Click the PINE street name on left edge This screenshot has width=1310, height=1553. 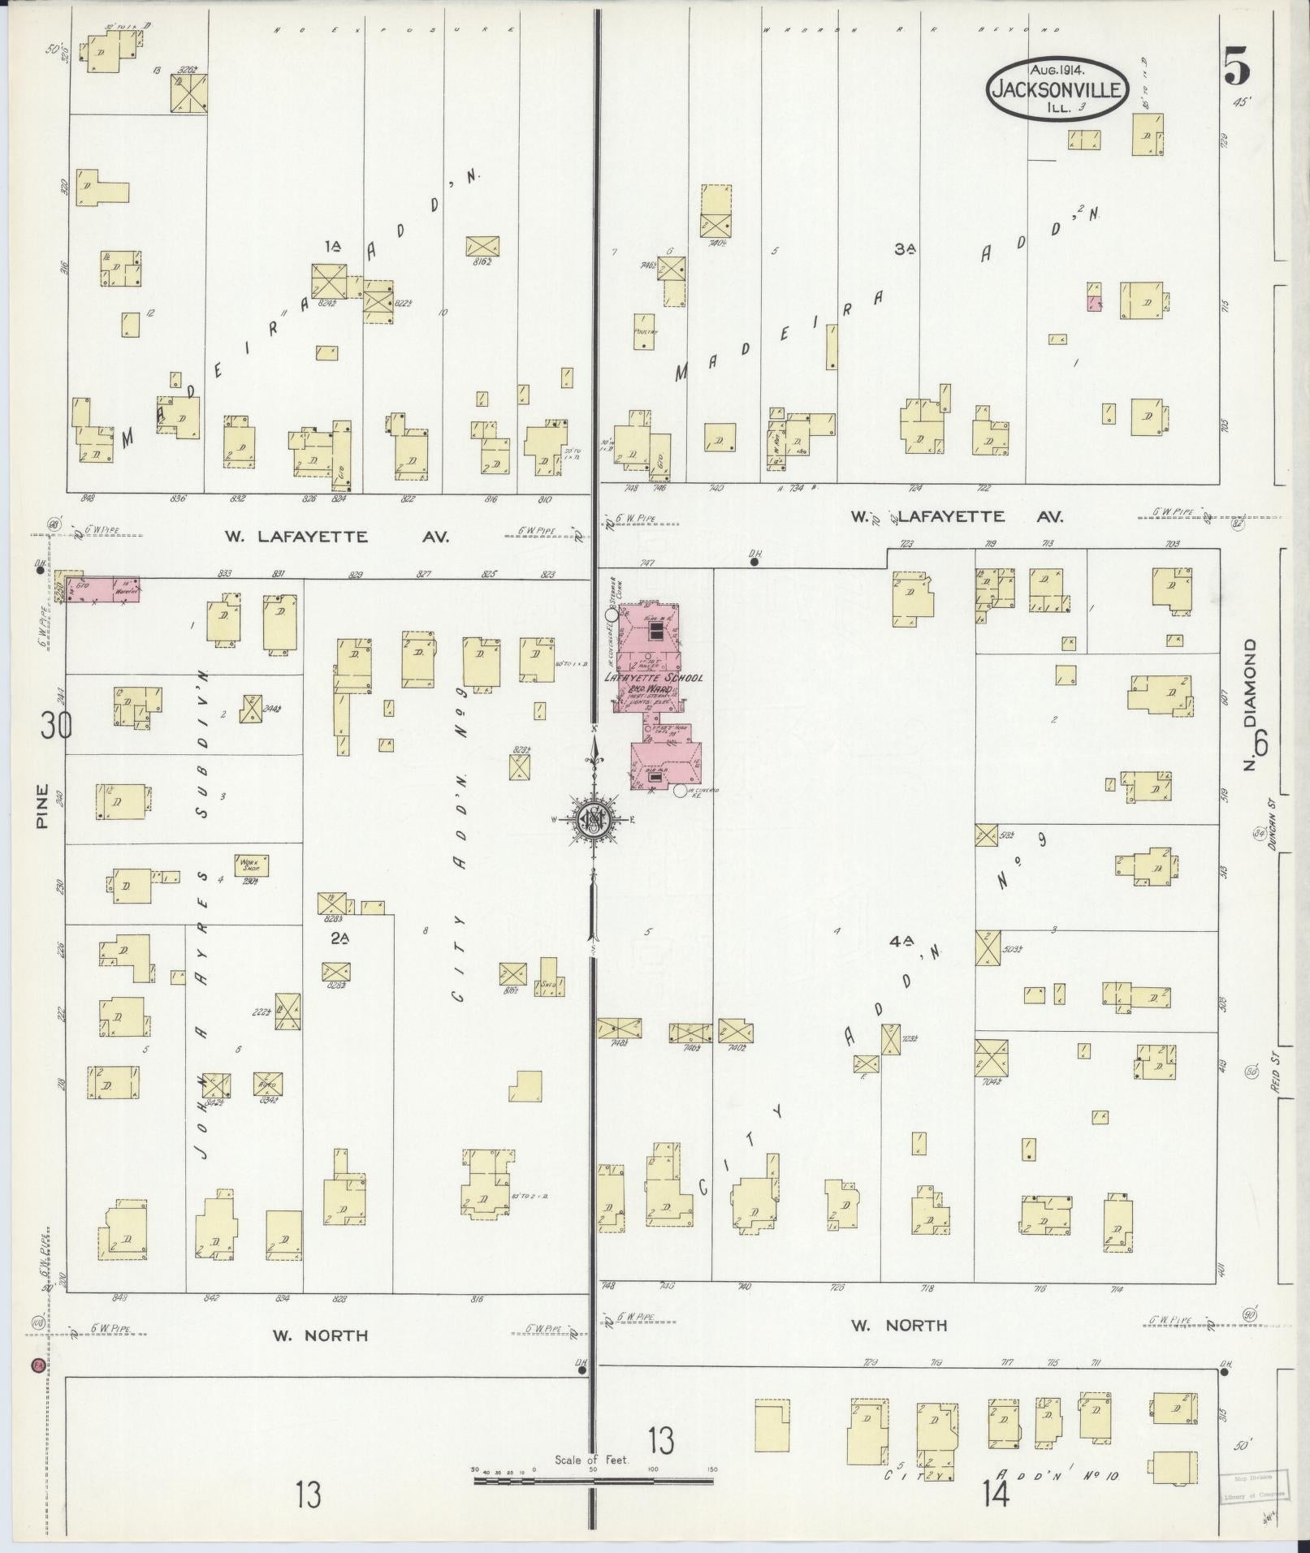pos(42,805)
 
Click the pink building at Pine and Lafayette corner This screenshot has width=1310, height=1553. pos(102,589)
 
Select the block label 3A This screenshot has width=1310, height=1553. pos(905,250)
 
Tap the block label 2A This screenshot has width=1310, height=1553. pos(339,938)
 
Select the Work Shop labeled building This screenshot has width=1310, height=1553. pos(251,865)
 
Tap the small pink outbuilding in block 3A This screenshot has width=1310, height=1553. pos(1094,304)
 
